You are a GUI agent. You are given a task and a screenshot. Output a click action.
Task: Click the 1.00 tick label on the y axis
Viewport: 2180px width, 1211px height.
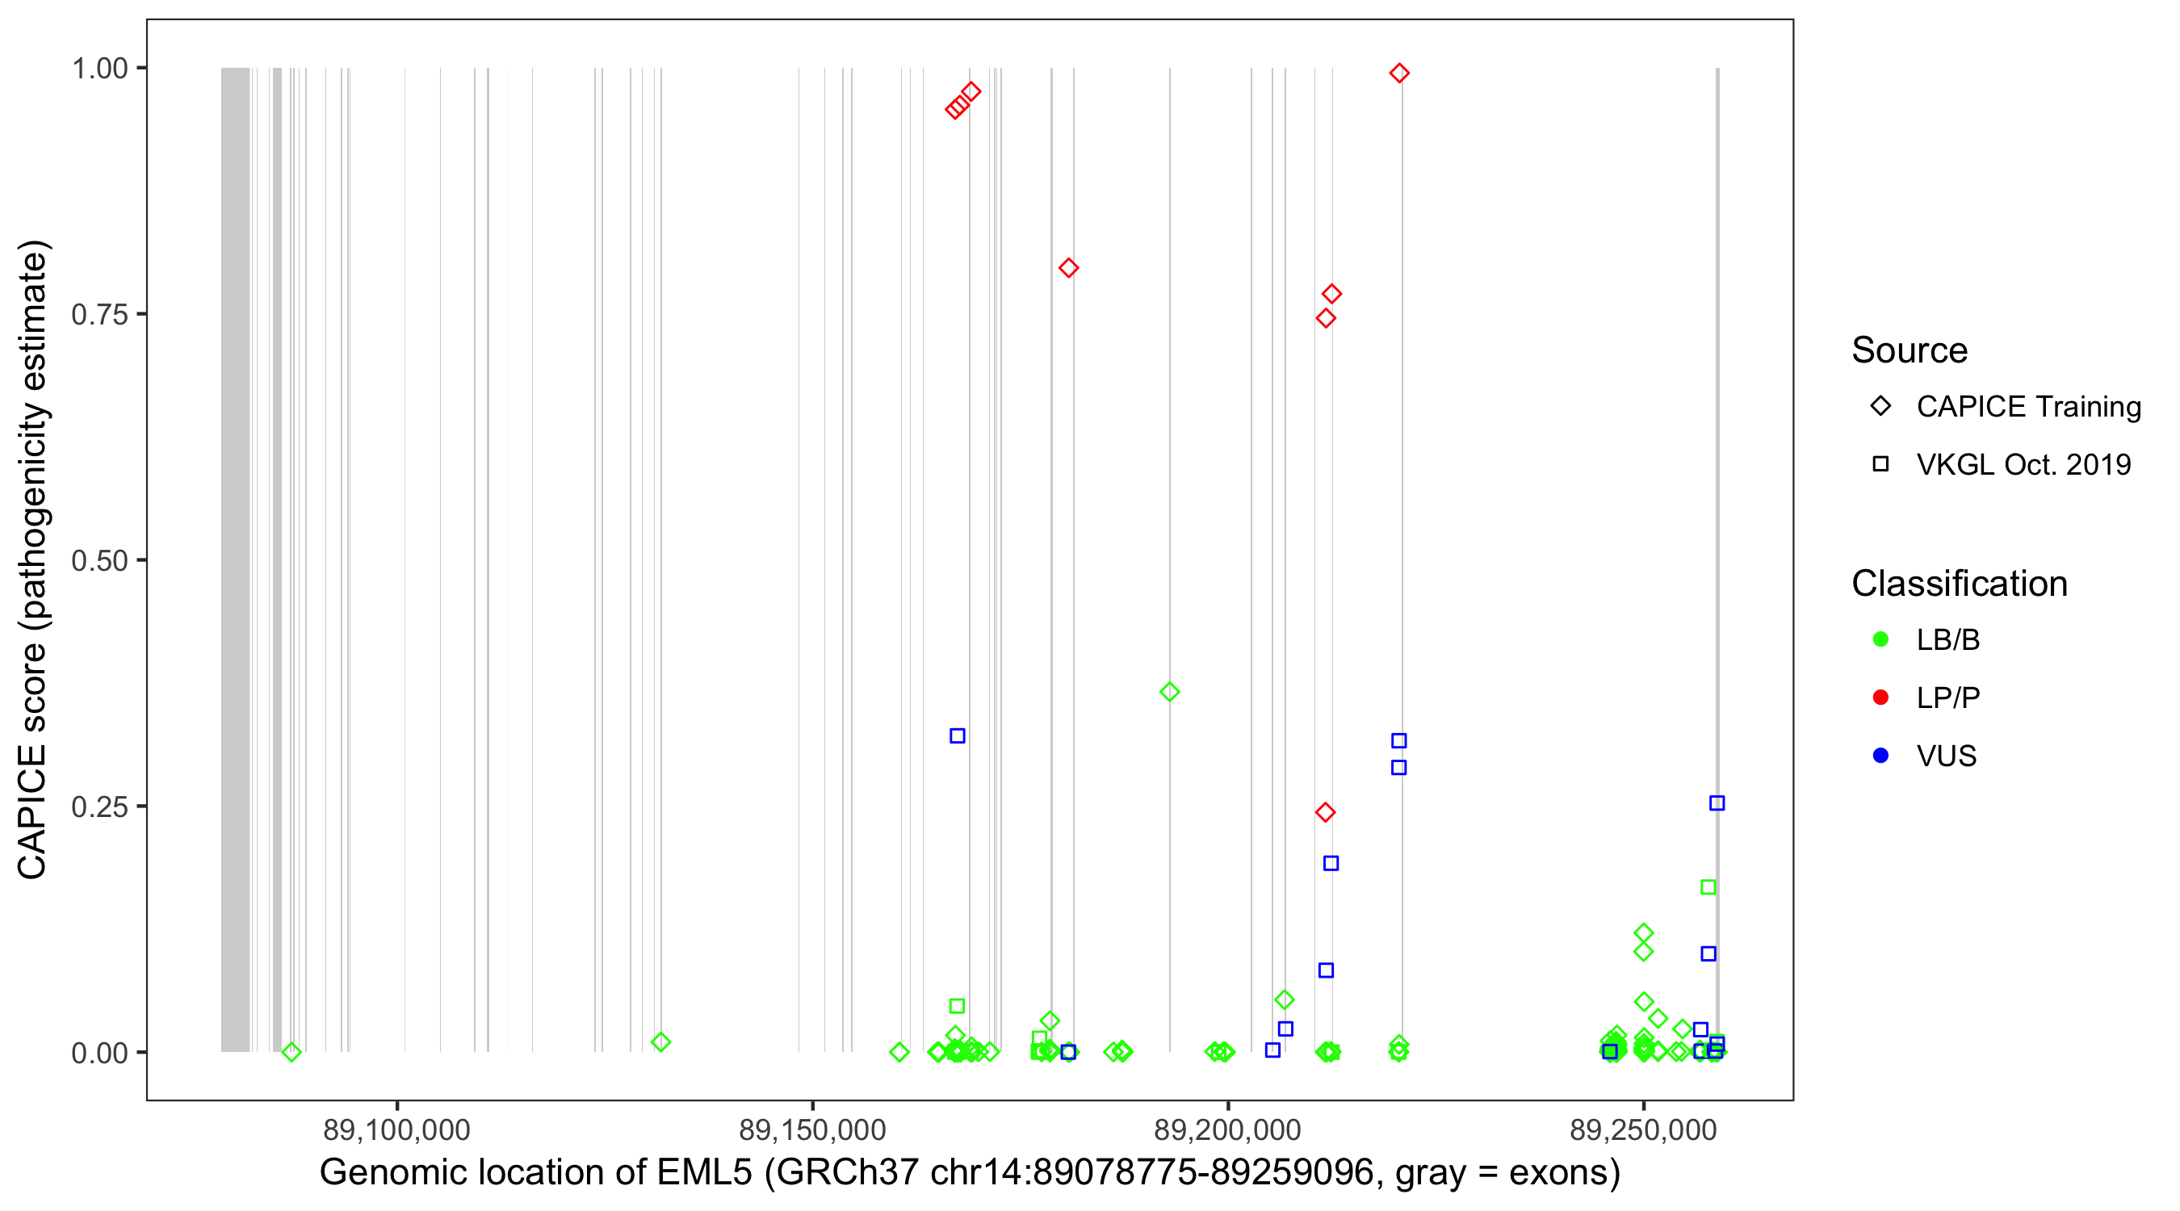pyautogui.click(x=99, y=69)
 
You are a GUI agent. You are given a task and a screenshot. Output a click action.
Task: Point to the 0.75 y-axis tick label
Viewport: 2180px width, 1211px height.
pyautogui.click(x=99, y=315)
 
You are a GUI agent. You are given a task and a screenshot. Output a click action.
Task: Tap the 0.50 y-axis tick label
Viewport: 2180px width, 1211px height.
pyautogui.click(x=99, y=560)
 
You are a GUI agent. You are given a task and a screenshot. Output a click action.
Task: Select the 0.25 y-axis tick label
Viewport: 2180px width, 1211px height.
pyautogui.click(x=99, y=807)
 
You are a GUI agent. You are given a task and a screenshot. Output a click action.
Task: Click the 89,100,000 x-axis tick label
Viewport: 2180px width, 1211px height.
pyautogui.click(x=396, y=1129)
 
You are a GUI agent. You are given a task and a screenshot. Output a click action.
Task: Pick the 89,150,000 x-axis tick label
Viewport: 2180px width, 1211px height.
pyautogui.click(x=811, y=1129)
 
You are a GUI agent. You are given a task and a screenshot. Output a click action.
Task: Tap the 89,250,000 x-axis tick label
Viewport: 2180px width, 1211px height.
pyautogui.click(x=1643, y=1129)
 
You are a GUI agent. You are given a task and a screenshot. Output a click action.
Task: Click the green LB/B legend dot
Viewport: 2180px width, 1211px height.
pyautogui.click(x=1880, y=639)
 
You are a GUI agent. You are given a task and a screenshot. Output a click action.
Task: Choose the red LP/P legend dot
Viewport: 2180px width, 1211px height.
pyautogui.click(x=1880, y=698)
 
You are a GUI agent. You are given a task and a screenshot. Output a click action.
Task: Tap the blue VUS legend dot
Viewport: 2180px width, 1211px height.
pyautogui.click(x=1880, y=756)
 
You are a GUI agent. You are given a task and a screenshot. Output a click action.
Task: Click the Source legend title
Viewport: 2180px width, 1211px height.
pyautogui.click(x=1910, y=350)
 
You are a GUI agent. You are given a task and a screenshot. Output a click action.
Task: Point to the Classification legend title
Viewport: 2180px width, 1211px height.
pyautogui.click(x=1959, y=584)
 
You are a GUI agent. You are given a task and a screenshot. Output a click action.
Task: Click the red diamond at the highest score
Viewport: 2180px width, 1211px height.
pyautogui.click(x=1399, y=73)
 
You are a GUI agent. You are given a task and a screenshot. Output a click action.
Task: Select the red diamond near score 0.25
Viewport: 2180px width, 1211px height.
pyautogui.click(x=1325, y=812)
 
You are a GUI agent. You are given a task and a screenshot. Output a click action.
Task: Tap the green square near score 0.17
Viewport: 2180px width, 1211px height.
pyautogui.click(x=1708, y=887)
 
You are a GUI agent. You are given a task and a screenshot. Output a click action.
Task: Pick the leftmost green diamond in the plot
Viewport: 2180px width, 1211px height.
pyautogui.click(x=291, y=1052)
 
